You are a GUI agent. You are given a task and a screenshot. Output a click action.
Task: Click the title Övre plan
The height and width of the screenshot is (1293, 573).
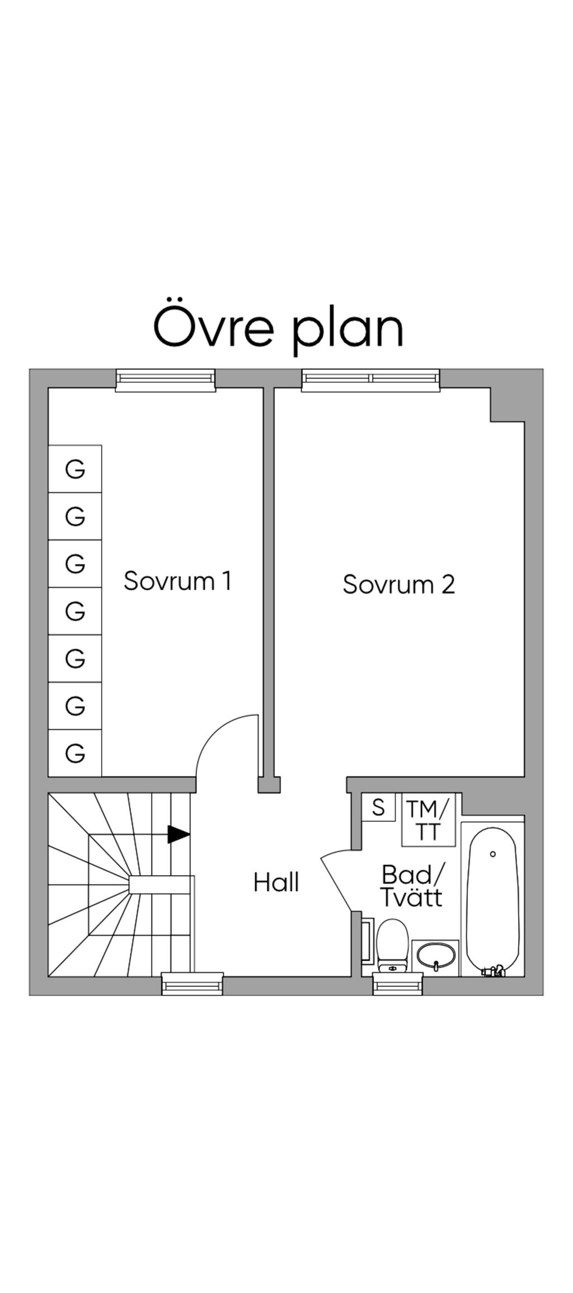pos(278,327)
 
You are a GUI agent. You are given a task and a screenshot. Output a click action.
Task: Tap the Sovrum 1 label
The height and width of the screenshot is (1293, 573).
pos(177,581)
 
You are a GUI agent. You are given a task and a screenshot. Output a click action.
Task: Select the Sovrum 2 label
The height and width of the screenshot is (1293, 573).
pos(398,584)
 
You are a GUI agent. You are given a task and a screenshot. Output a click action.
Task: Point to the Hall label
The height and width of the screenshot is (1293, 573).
pos(276,882)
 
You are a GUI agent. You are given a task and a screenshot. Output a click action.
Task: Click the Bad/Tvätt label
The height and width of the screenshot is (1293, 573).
pos(412,885)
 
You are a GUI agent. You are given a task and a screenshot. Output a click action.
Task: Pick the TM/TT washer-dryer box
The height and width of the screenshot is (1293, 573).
pos(428,820)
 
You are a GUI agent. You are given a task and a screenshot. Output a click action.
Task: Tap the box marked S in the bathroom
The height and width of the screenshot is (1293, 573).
pos(378,807)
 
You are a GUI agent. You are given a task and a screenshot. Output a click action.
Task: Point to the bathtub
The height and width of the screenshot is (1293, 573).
pos(492,898)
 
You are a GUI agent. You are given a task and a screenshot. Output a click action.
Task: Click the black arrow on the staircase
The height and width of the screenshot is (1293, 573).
pos(179,834)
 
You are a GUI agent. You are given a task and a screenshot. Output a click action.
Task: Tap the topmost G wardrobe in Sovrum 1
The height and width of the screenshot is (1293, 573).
pos(75,469)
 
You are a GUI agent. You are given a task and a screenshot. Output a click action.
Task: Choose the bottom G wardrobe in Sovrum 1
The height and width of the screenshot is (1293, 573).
pos(75,753)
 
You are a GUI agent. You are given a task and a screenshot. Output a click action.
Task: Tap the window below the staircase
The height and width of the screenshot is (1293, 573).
pos(192,984)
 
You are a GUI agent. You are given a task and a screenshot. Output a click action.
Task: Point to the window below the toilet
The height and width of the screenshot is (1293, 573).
pos(398,984)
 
